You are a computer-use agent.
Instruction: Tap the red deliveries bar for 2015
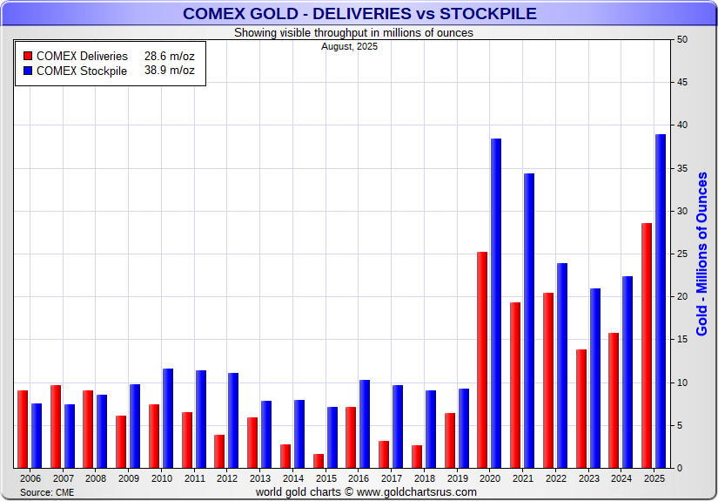point(319,461)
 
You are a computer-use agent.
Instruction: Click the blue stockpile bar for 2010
point(168,418)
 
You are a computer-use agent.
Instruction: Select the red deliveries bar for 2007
point(56,427)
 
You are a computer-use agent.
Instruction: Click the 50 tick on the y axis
point(682,40)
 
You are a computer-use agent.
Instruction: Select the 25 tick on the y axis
point(682,254)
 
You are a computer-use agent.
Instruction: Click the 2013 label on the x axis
point(260,478)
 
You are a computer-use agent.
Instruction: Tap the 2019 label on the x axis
point(457,478)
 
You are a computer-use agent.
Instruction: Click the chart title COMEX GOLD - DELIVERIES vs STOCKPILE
point(359,13)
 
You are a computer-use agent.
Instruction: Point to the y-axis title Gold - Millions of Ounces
point(702,254)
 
